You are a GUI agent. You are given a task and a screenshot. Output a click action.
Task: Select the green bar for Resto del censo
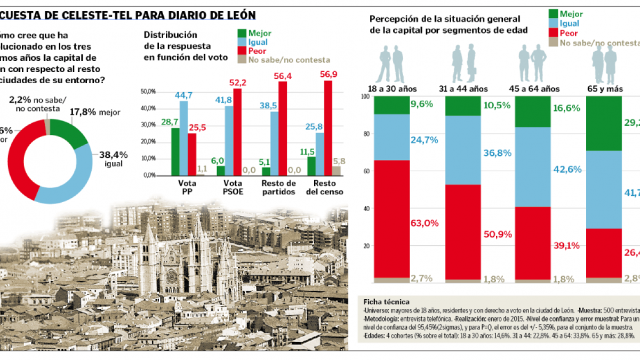tap(311, 166)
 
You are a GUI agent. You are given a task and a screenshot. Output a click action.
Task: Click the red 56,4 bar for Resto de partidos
tap(283, 128)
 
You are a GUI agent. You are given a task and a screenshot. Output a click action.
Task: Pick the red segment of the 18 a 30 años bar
tap(391, 219)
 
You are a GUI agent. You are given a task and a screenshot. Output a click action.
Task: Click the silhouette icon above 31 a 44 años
tap(463, 61)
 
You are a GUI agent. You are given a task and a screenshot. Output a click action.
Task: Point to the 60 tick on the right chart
tap(364, 171)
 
